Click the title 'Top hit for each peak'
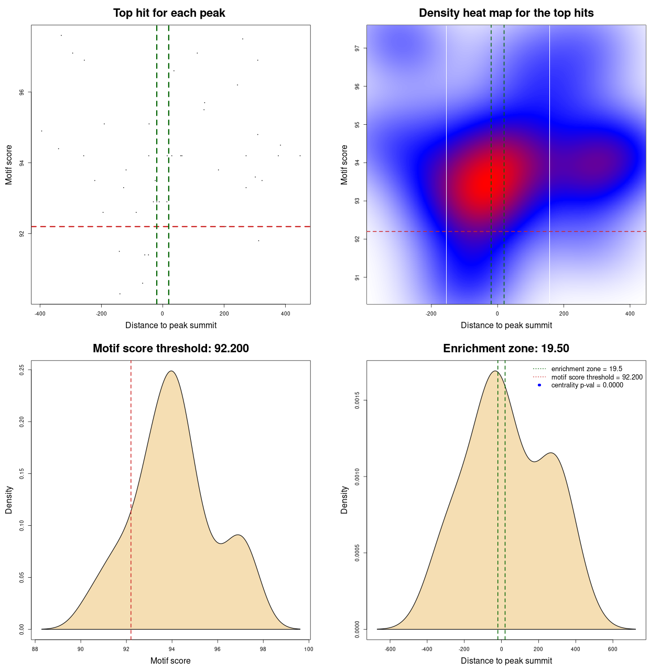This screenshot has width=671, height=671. click(169, 13)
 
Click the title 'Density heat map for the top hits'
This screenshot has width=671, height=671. click(506, 13)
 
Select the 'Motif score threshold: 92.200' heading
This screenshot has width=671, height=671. click(170, 349)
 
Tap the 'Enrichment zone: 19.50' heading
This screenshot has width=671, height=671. click(506, 349)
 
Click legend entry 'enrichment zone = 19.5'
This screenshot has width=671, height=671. click(587, 369)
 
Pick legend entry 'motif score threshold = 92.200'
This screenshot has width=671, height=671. click(597, 377)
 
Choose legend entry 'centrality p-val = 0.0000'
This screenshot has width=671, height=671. click(587, 385)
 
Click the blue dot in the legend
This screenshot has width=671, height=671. click(539, 385)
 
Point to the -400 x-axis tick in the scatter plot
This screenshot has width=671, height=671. click(40, 313)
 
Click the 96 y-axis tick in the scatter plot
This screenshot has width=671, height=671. click(22, 92)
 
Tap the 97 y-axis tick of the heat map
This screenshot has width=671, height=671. click(357, 48)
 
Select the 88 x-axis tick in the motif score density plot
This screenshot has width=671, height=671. click(35, 649)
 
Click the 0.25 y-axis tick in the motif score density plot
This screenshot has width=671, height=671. click(22, 370)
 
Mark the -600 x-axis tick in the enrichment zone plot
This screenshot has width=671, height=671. click(390, 649)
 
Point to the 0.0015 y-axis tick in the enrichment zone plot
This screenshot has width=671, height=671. click(357, 401)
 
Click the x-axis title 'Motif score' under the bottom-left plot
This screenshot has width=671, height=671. click(170, 661)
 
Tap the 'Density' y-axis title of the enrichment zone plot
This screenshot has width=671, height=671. click(344, 500)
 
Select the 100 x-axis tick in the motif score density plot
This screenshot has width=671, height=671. click(308, 649)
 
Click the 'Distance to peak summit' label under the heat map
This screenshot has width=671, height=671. click(506, 326)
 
